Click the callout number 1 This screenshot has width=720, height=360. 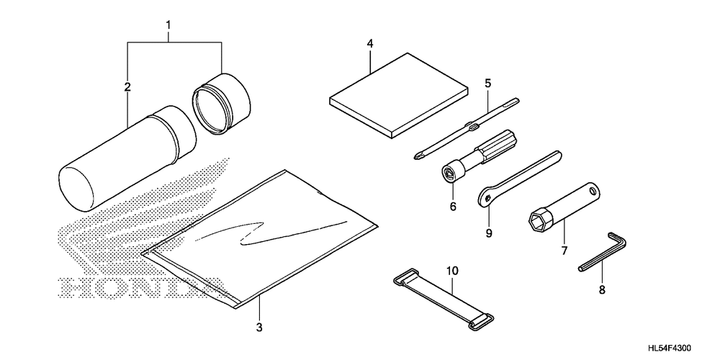pos(168,27)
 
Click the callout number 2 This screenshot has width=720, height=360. pos(127,87)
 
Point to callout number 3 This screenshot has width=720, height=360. pos(259,328)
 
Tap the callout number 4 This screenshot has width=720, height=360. pos(369,44)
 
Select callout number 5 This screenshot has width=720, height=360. pos(487,84)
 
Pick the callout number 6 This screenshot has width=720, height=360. pos(454,207)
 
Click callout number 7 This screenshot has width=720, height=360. pos(564,251)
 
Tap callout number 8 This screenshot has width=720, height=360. pos(602,289)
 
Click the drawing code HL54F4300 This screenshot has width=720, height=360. pos(678,348)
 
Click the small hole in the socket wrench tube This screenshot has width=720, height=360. pos(594,192)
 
